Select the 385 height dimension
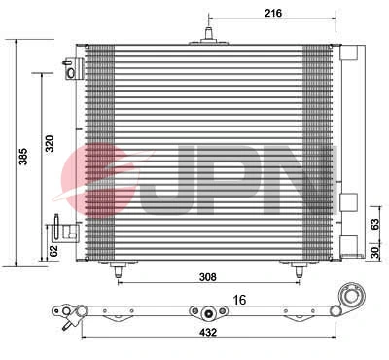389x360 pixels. [x=13, y=152]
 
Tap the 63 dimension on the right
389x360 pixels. [x=377, y=222]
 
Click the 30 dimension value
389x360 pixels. [x=377, y=253]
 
